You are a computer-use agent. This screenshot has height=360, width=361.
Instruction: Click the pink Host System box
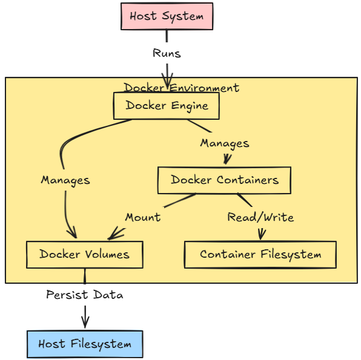pyautogui.click(x=167, y=16)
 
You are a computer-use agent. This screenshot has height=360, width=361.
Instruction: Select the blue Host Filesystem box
pyautogui.click(x=84, y=344)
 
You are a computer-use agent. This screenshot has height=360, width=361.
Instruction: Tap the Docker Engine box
pyautogui.click(x=167, y=106)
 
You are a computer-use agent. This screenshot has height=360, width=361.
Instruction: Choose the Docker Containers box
pyautogui.click(x=224, y=180)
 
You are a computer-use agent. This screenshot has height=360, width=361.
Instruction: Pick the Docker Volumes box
pyautogui.click(x=84, y=254)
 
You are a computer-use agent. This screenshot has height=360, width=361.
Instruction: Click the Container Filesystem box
pyautogui.click(x=260, y=254)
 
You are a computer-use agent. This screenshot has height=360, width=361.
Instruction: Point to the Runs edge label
pyautogui.click(x=167, y=53)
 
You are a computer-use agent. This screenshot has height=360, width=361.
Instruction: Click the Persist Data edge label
pyautogui.click(x=84, y=295)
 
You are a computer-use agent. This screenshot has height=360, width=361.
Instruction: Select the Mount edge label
pyautogui.click(x=143, y=217)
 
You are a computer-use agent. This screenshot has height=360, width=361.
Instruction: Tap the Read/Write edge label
pyautogui.click(x=260, y=217)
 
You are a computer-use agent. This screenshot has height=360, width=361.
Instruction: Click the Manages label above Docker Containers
pyautogui.click(x=224, y=143)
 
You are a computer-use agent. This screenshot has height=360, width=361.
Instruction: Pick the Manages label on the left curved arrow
pyautogui.click(x=65, y=180)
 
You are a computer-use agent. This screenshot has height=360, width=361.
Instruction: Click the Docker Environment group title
pyautogui.click(x=182, y=88)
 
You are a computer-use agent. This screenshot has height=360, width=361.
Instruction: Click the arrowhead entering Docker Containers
pyautogui.click(x=227, y=161)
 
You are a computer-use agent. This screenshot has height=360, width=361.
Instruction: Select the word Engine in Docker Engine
pyautogui.click(x=189, y=106)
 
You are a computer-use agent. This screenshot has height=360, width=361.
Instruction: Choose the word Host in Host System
pyautogui.click(x=144, y=16)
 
